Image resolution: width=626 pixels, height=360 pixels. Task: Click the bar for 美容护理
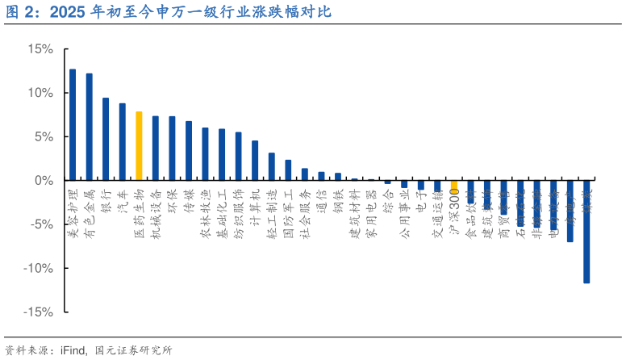pyautogui.click(x=73, y=124)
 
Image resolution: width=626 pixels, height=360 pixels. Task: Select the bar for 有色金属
pyautogui.click(x=89, y=127)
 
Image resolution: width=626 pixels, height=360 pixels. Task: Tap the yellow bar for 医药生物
pyautogui.click(x=139, y=146)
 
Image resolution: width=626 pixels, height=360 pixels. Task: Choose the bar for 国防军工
pyautogui.click(x=288, y=170)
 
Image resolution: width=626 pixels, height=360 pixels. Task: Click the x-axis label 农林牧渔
pyautogui.click(x=205, y=214)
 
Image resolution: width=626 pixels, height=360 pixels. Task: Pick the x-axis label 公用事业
pyautogui.click(x=404, y=214)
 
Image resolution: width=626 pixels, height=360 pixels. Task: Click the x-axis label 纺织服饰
pyautogui.click(x=238, y=214)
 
